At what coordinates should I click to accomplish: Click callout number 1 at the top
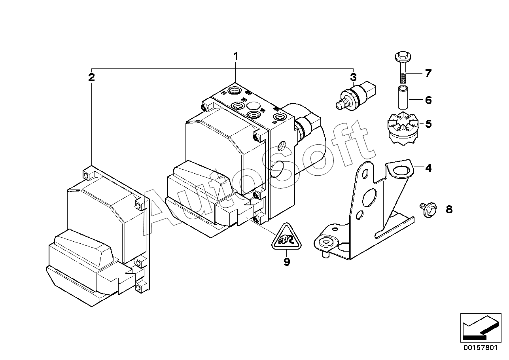[x=235, y=57]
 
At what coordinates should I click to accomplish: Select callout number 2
[x=91, y=77]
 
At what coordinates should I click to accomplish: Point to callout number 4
[x=428, y=168]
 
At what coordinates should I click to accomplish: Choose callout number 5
[x=428, y=124]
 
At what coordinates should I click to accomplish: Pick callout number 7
[x=428, y=73]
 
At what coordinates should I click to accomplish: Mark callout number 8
[x=449, y=209]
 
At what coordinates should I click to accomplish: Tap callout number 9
[x=287, y=262]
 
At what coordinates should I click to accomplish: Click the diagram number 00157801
[x=480, y=348]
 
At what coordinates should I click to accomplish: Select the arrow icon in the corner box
[x=480, y=328]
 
